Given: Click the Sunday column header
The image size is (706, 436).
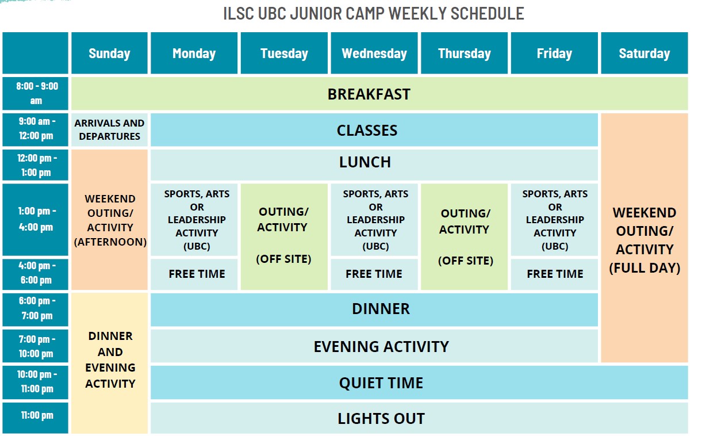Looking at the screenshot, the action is [x=109, y=53].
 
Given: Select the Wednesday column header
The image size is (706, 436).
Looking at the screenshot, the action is [x=374, y=53].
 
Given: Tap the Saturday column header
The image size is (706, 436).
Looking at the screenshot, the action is [x=644, y=53].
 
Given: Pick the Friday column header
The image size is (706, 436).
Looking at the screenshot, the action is [x=554, y=53].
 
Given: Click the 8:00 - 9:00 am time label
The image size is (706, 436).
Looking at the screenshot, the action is [x=36, y=93].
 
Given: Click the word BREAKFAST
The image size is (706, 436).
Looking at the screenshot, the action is [x=369, y=94].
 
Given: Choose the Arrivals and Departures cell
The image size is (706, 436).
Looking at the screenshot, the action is [x=109, y=129].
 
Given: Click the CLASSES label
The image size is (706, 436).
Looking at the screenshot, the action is [x=367, y=130].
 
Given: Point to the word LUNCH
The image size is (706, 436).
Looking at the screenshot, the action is [x=365, y=162].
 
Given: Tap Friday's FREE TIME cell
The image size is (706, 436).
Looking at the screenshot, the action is [x=554, y=274].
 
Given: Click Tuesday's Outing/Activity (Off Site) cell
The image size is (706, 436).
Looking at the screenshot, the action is [x=284, y=236].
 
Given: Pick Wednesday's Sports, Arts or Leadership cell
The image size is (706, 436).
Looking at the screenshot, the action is [x=374, y=220].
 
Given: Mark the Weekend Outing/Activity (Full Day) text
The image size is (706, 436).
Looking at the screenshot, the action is [x=644, y=240].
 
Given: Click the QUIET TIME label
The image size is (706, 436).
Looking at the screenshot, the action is [x=381, y=383].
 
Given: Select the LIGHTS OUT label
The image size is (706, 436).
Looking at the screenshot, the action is [x=381, y=419].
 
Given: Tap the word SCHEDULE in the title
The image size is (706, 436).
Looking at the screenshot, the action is [x=488, y=14].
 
